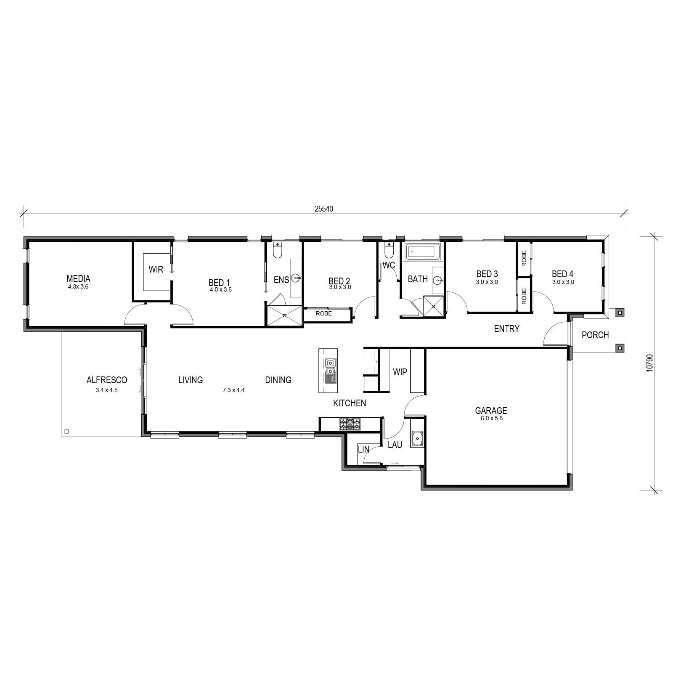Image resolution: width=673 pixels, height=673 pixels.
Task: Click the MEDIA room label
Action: click(x=78, y=278)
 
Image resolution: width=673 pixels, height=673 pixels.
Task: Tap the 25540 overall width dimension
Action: click(x=323, y=209)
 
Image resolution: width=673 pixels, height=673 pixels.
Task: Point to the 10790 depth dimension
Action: click(x=650, y=363)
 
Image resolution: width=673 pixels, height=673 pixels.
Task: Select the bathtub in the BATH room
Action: click(x=422, y=252)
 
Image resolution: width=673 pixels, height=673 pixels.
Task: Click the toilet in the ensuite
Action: click(x=277, y=250)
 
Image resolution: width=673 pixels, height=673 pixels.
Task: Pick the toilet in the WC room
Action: click(x=389, y=250)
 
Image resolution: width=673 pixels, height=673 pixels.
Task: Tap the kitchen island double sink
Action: click(x=330, y=366)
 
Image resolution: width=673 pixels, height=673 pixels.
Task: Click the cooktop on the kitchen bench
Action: click(x=350, y=424)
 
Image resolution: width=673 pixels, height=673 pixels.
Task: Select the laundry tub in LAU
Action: click(x=417, y=439)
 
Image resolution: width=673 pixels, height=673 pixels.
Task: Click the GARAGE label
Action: click(x=491, y=411)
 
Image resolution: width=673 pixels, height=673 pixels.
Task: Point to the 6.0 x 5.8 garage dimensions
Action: click(x=491, y=419)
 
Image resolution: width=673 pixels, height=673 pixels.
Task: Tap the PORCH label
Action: click(x=595, y=335)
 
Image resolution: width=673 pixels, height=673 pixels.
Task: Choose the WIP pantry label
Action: click(x=400, y=372)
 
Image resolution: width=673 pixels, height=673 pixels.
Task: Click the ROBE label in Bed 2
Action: click(x=324, y=313)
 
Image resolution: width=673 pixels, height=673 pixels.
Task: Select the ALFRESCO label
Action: click(x=107, y=380)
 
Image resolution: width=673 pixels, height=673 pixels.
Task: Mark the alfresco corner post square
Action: click(x=66, y=431)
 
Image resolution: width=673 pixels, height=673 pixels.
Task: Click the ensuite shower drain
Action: click(x=284, y=315)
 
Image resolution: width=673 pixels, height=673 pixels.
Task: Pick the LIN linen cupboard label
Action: click(x=363, y=449)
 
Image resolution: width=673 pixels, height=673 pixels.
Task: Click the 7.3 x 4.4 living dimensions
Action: click(x=233, y=390)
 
